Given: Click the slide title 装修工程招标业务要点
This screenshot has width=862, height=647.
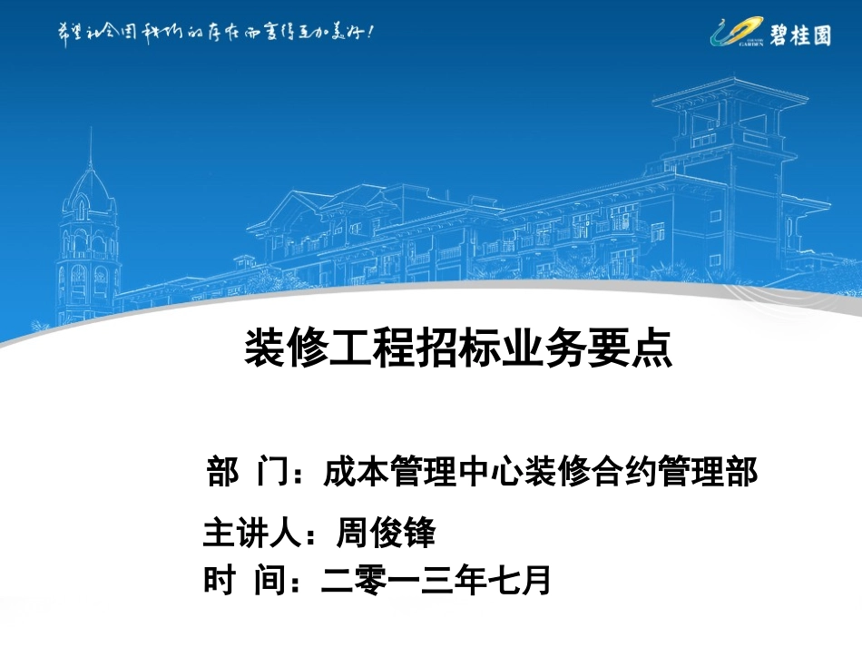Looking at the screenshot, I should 458,348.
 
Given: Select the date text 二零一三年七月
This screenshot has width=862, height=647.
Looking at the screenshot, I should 436,581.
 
